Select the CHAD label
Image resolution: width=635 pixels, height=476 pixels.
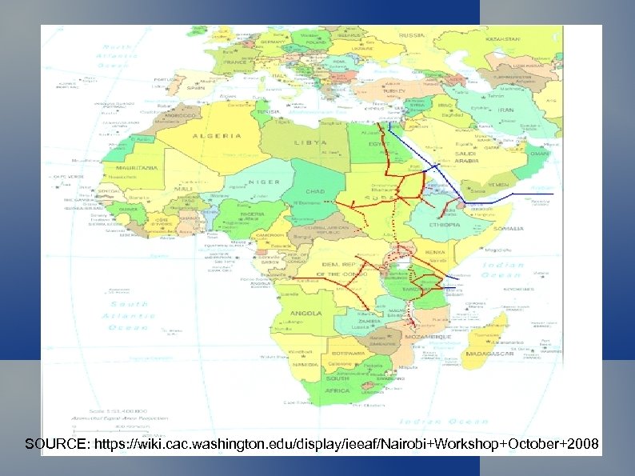pos(314,192)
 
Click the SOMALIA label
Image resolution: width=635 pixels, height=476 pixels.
pos(509,229)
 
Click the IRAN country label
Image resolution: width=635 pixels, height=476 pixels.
pos(507,110)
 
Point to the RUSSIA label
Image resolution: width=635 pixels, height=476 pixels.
pos(412,36)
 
